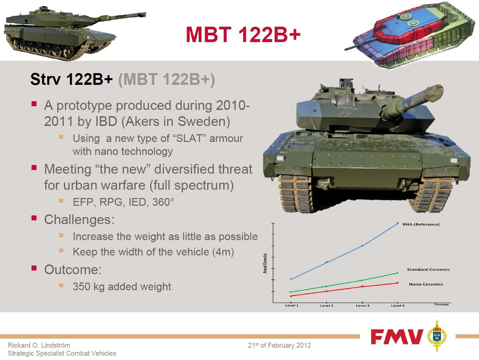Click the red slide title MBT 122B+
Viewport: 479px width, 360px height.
tap(243, 34)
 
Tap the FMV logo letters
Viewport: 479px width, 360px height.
tap(397, 336)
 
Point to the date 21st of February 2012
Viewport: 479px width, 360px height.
tap(279, 345)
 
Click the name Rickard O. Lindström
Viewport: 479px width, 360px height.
tap(39, 345)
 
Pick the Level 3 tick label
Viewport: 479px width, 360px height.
tap(363, 306)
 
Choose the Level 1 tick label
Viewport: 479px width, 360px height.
tap(291, 306)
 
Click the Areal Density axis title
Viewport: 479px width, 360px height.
tap(265, 263)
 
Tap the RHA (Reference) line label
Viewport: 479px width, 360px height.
tap(421, 224)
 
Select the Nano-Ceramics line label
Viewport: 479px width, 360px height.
tap(426, 284)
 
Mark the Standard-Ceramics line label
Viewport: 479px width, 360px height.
tap(428, 269)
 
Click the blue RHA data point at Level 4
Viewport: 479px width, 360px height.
tap(397, 223)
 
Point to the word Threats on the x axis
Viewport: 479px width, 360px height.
tap(441, 304)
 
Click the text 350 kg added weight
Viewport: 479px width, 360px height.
tap(122, 287)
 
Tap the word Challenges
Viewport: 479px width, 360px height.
tap(79, 219)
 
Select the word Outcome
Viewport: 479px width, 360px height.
tap(73, 269)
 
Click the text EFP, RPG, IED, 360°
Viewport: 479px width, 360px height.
tap(123, 202)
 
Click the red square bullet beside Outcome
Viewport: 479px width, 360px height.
tap(34, 268)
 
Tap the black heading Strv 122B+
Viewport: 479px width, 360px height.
tap(71, 79)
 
